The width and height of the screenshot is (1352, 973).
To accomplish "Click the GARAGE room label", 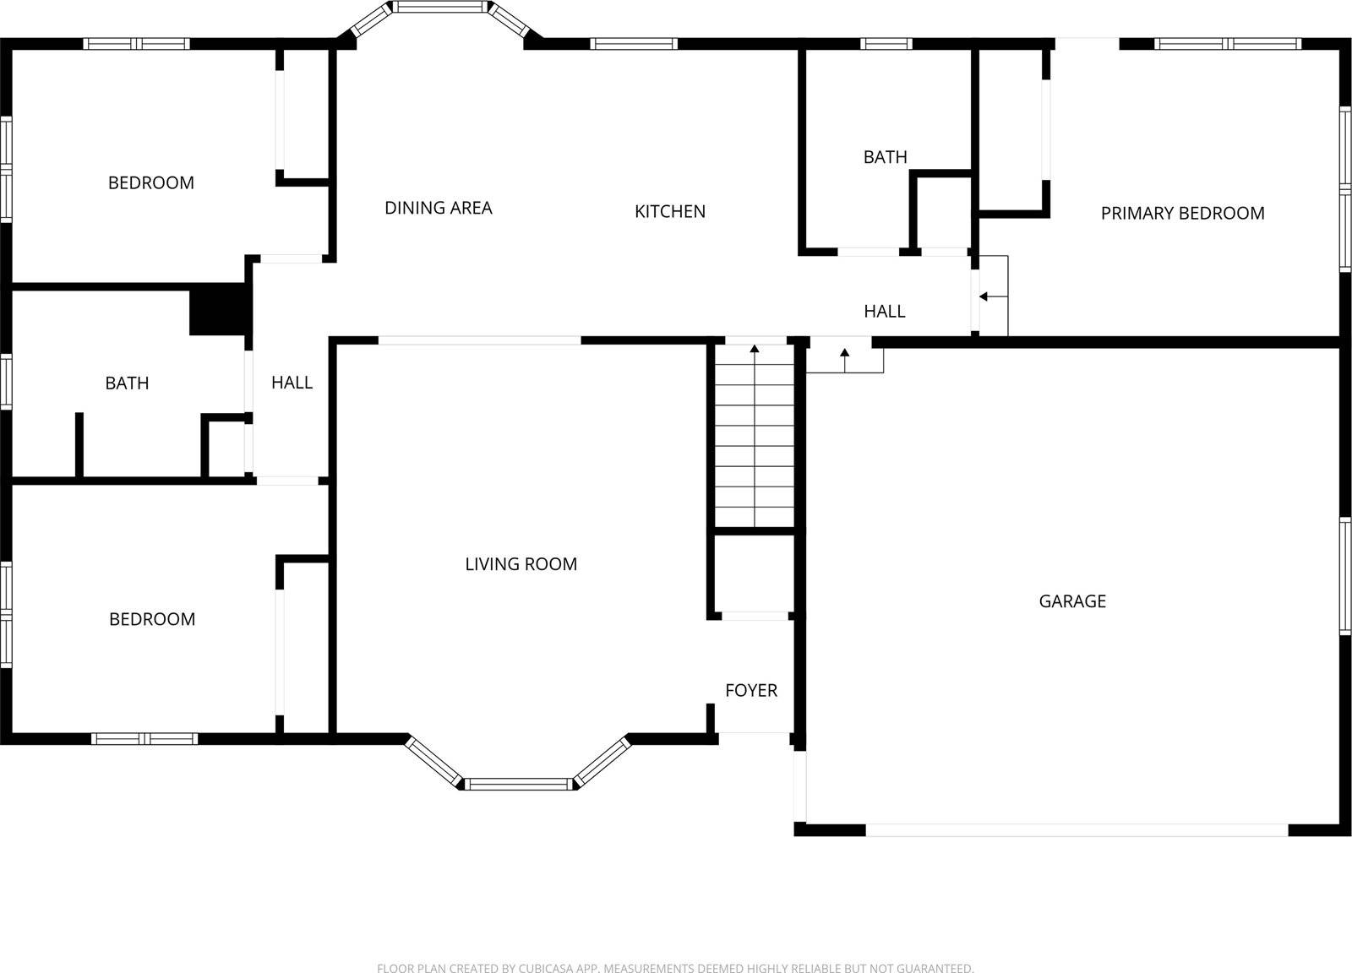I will point(1071,601).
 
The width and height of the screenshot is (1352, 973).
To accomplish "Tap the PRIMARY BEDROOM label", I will point(1182,214).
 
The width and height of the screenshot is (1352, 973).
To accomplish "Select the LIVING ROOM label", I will point(521,564).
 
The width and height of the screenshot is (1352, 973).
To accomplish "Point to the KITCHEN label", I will point(669,211).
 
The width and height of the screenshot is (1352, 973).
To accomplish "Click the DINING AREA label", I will point(438,208).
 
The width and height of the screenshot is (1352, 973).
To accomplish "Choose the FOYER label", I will point(750,691).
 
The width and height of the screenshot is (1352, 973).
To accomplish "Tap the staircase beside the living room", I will point(755,439).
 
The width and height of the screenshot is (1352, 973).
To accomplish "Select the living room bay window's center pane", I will point(519,784).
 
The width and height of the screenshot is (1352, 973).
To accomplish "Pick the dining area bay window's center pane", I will point(442,8).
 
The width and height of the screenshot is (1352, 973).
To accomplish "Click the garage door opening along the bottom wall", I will point(1077,830).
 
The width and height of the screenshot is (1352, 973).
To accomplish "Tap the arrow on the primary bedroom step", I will point(984,296).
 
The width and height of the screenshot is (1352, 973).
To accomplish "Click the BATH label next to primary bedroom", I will point(885,157).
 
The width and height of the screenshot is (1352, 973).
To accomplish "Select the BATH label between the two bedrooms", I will point(127,383).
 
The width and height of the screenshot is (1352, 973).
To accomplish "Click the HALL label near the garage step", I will point(884,312).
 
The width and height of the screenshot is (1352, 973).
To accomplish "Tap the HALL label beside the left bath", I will point(292,383).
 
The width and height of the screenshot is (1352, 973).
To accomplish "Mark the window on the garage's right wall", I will point(1344,576).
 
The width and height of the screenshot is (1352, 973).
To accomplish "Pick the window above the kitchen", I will point(633,44).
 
